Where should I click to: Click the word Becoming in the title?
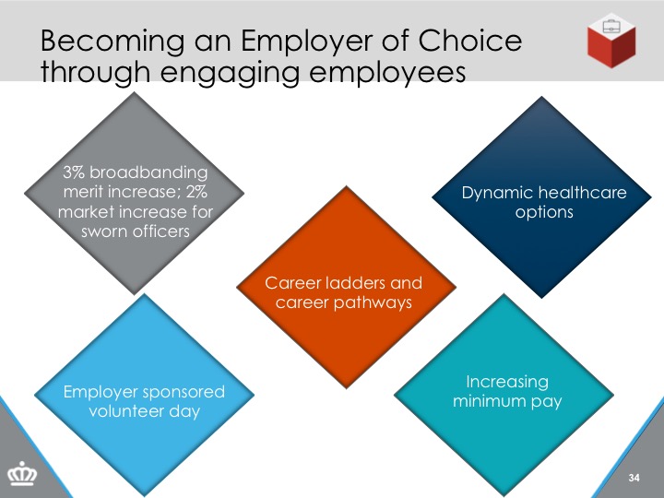(113, 42)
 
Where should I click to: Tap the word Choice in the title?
(470, 41)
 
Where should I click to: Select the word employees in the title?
(387, 73)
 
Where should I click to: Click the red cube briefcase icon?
(611, 41)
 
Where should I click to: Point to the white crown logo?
(22, 473)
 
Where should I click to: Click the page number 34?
(634, 478)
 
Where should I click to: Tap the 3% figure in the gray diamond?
(74, 172)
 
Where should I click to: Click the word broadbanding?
(148, 172)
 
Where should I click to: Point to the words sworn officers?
(136, 231)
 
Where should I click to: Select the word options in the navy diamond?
(544, 213)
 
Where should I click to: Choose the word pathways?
(373, 303)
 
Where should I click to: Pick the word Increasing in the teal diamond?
(507, 382)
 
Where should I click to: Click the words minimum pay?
(507, 401)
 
